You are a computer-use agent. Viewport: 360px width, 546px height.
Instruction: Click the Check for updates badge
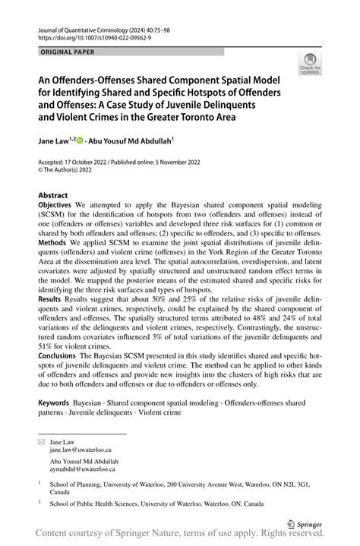(310, 66)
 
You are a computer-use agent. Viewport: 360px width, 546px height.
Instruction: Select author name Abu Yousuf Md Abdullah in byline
(131, 140)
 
